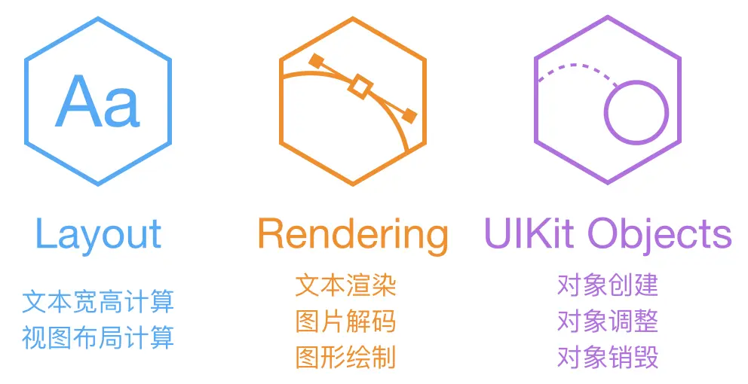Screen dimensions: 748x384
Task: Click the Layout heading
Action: click(x=98, y=235)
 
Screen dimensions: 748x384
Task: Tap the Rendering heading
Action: click(x=353, y=235)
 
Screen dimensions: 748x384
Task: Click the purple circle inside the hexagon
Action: click(x=637, y=114)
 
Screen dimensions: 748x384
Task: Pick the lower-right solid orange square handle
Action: click(x=409, y=115)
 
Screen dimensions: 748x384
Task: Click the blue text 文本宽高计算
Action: click(x=98, y=302)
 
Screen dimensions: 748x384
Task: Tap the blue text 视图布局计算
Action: click(x=98, y=337)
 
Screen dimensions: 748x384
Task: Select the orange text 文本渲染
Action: click(x=346, y=285)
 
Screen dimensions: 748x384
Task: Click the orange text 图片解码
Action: click(x=346, y=322)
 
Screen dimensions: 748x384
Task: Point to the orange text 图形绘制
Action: click(x=346, y=357)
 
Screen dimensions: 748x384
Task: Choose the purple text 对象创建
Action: click(x=608, y=285)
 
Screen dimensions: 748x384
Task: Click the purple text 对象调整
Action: click(x=608, y=322)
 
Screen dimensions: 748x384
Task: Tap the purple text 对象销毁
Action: click(x=608, y=357)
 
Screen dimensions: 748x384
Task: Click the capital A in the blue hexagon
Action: click(x=79, y=101)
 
